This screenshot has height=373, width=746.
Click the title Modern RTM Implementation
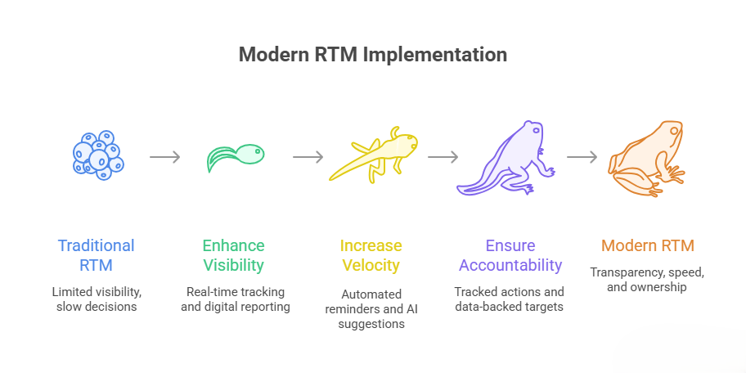[x=372, y=55]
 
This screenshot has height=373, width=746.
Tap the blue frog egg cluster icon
[x=97, y=154]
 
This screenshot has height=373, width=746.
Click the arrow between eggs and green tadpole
[x=164, y=156]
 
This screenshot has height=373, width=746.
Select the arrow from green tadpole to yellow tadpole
[x=308, y=156]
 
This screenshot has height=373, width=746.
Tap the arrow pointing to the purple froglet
[x=443, y=156]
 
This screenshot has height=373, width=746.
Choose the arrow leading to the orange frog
[x=582, y=156]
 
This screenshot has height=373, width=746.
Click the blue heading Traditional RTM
[x=96, y=254]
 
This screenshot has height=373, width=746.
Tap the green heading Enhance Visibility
[x=234, y=254]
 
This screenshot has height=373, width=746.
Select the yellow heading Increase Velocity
[x=371, y=254]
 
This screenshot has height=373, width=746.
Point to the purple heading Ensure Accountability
[x=510, y=254]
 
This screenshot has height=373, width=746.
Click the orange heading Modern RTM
[x=647, y=245]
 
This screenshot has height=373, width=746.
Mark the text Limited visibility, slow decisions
[x=96, y=299]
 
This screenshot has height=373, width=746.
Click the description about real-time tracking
[x=234, y=299]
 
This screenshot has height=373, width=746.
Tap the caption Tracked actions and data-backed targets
[x=510, y=299]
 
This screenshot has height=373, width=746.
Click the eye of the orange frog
[x=674, y=130]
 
